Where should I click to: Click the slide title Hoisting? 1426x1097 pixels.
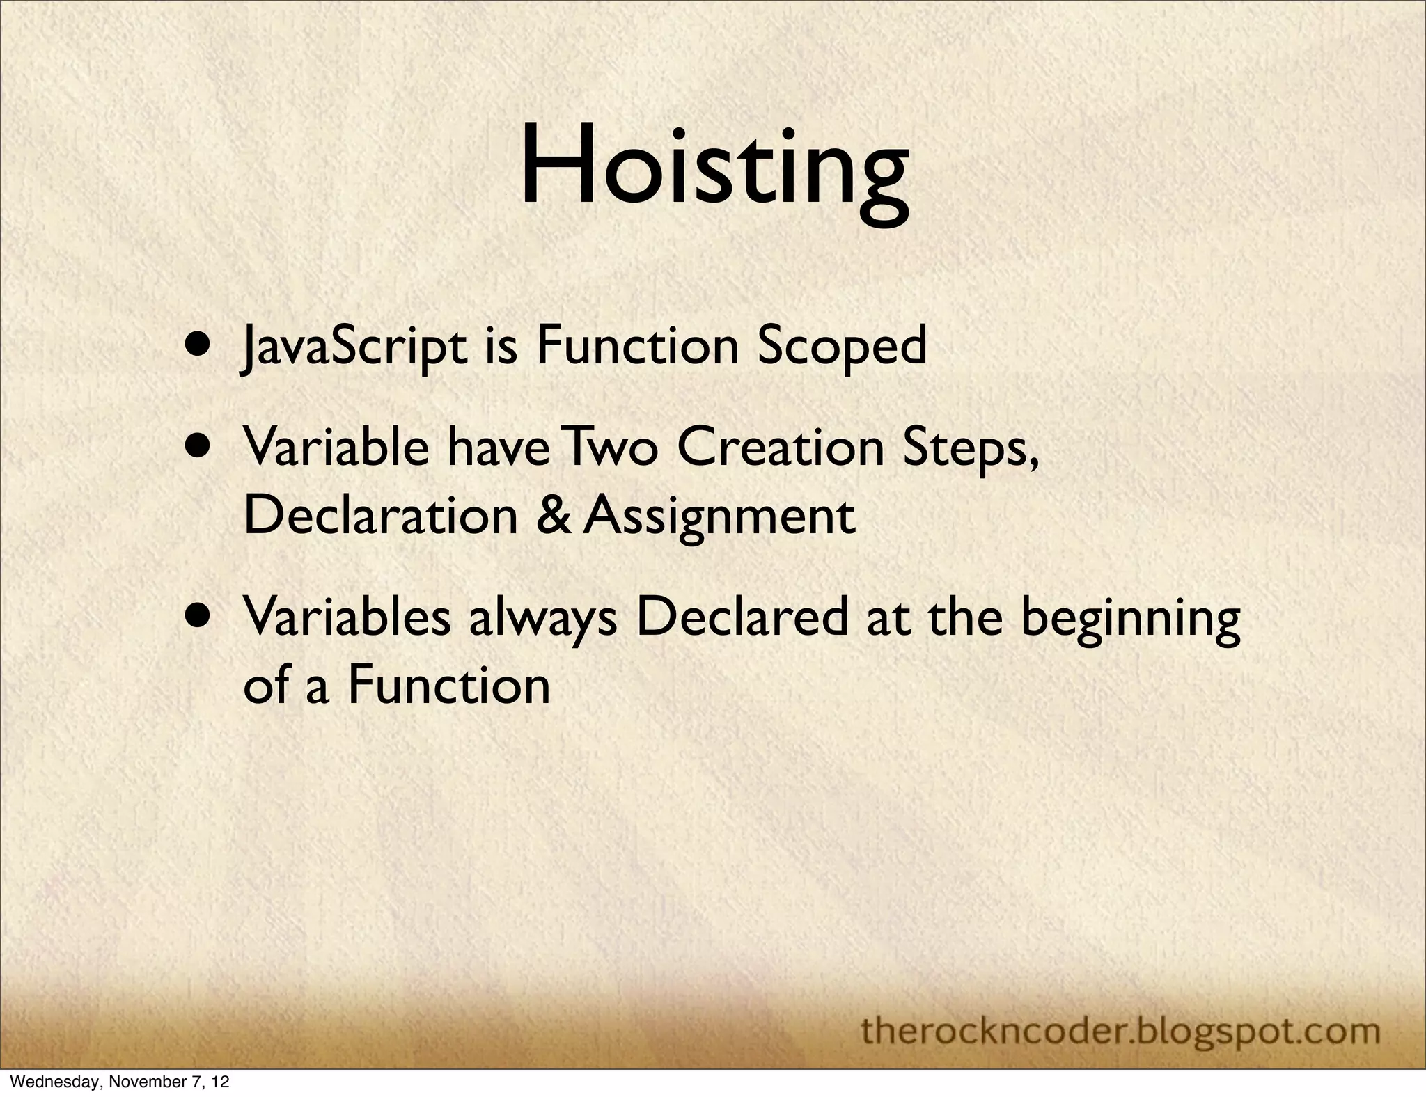pyautogui.click(x=714, y=167)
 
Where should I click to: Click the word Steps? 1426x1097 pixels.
pyautogui.click(x=971, y=449)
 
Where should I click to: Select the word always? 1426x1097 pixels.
pyautogui.click(x=543, y=618)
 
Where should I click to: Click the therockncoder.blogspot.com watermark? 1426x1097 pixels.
pyautogui.click(x=1120, y=1031)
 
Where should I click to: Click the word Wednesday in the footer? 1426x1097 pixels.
pyautogui.click(x=42, y=1082)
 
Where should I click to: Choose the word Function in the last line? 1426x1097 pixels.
pyautogui.click(x=449, y=685)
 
